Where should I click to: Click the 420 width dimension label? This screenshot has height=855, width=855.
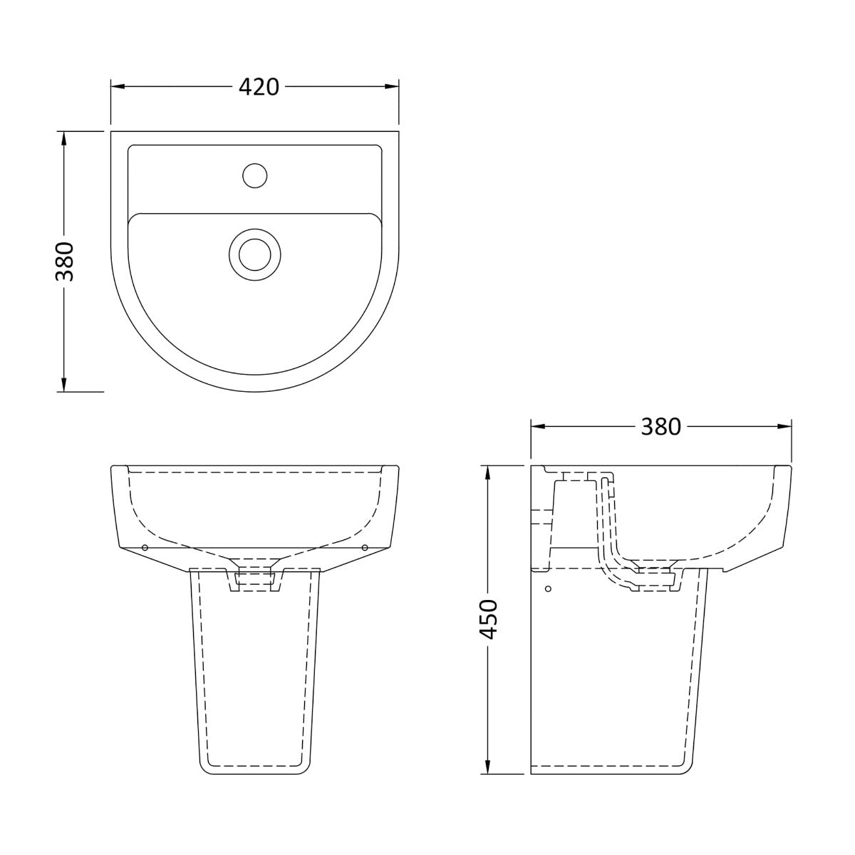(x=258, y=87)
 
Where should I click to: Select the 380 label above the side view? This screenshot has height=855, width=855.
(x=660, y=427)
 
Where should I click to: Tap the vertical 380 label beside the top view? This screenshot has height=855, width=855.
(x=66, y=261)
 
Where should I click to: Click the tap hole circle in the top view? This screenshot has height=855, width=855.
(x=254, y=175)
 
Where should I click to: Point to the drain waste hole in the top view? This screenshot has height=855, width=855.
(x=254, y=253)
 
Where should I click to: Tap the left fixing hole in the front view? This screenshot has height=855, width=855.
(x=145, y=547)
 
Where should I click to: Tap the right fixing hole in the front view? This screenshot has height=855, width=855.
(x=365, y=547)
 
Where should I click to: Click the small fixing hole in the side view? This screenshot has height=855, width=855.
(x=548, y=589)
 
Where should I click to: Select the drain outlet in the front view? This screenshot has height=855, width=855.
(x=254, y=579)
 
